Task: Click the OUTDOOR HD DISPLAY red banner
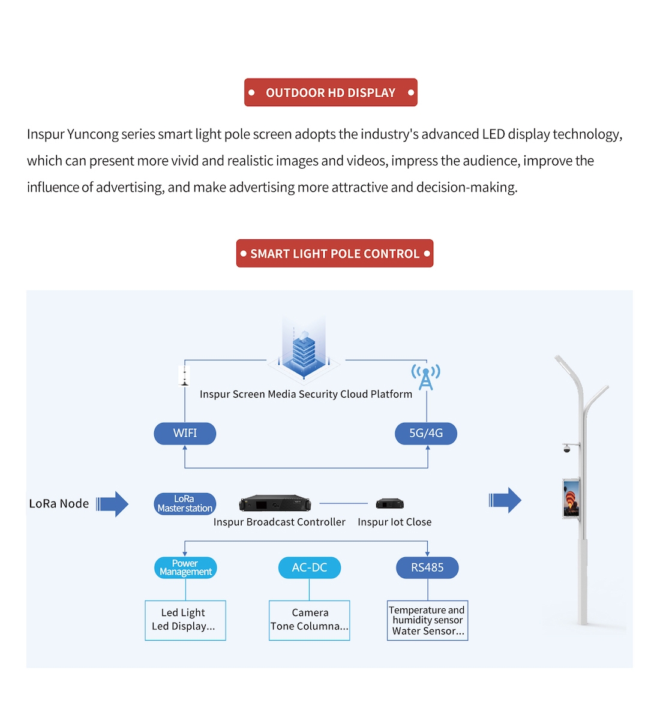(x=331, y=92)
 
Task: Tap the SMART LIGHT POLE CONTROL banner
(x=335, y=254)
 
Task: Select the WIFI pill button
(x=185, y=433)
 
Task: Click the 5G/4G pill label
(x=426, y=433)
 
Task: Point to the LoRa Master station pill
(x=185, y=504)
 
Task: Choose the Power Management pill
(x=185, y=567)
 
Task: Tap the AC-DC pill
(x=310, y=567)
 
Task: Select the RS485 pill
(x=427, y=567)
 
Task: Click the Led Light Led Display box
(x=185, y=620)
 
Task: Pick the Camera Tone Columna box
(x=310, y=620)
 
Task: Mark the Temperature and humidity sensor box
(x=428, y=620)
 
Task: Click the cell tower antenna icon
(x=425, y=377)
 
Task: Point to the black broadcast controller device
(x=275, y=503)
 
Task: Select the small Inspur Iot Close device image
(x=390, y=503)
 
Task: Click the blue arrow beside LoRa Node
(x=113, y=504)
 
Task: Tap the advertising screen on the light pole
(x=571, y=498)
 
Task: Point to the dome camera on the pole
(x=566, y=448)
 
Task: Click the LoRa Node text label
(x=59, y=504)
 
